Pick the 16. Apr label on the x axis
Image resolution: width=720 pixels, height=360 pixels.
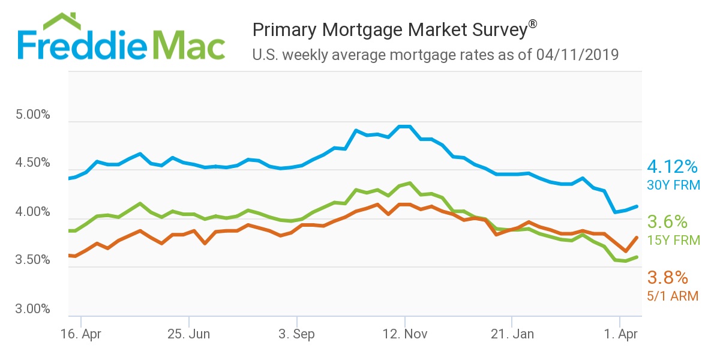click(81, 334)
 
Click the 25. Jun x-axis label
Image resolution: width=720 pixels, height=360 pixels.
click(189, 334)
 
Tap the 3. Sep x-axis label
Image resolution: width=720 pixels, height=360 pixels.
click(297, 334)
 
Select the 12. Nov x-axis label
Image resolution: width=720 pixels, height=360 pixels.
click(405, 334)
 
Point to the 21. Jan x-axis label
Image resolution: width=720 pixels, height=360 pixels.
click(512, 334)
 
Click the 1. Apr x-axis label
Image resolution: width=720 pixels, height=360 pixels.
click(620, 334)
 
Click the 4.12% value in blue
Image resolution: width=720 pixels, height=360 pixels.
click(673, 167)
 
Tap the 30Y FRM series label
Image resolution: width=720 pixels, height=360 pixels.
click(673, 185)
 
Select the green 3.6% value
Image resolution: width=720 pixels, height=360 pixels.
click(667, 222)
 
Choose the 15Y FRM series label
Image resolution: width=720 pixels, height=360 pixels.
click(673, 241)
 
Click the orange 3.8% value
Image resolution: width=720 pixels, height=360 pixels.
click(667, 277)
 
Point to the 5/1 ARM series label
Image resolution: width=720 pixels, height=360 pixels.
click(673, 296)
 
